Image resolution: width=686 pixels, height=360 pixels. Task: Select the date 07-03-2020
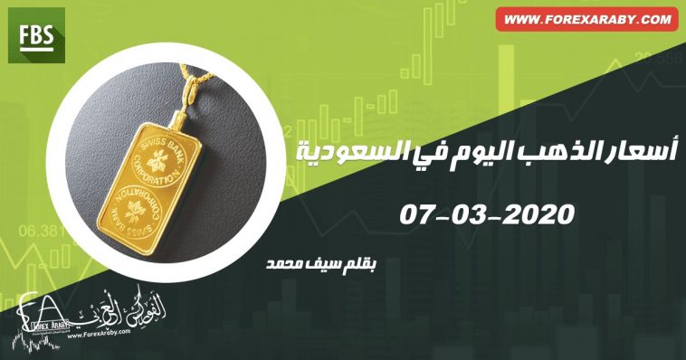tap(488, 214)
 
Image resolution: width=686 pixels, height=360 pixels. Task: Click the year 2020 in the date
tap(538, 214)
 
